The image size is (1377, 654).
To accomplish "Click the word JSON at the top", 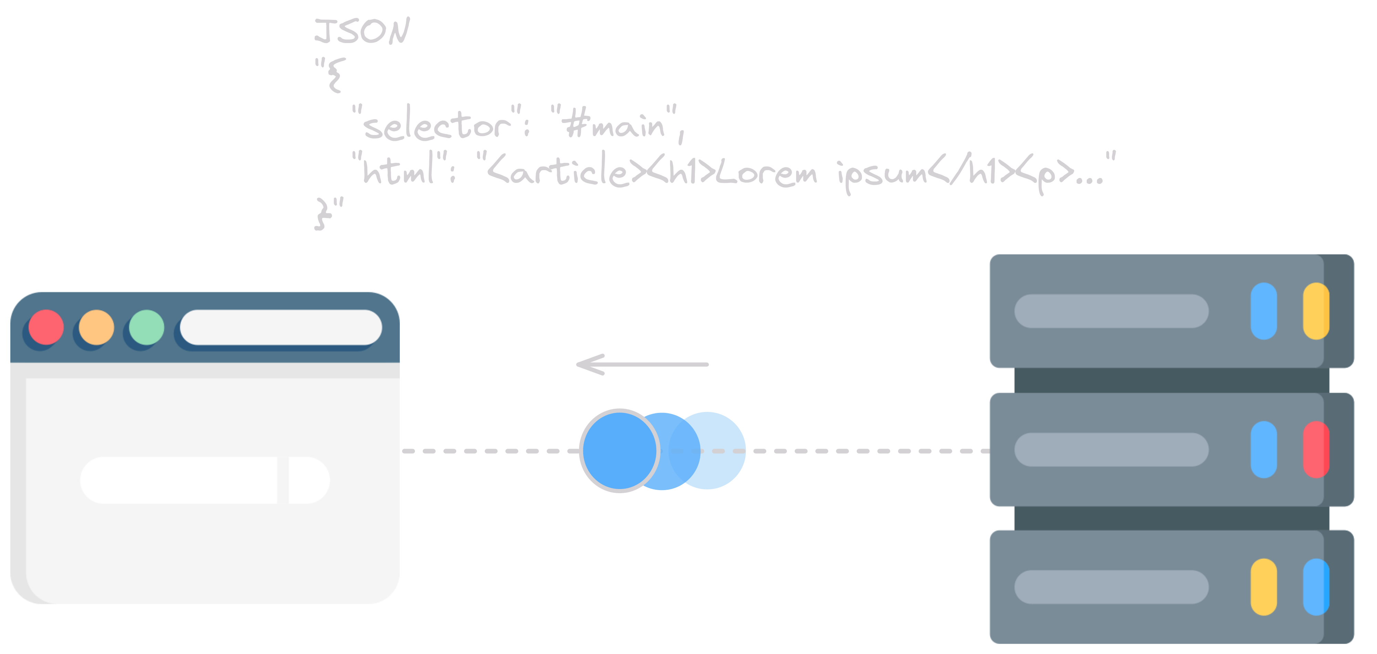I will click(x=362, y=31).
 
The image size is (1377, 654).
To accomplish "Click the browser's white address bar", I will click(x=281, y=327).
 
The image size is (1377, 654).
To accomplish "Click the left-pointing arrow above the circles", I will click(x=641, y=365).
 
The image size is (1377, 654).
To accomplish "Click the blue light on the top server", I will click(x=1264, y=311).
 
